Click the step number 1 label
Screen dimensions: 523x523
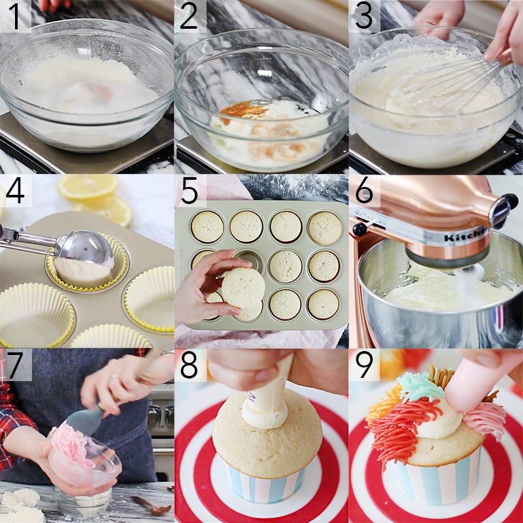pyautogui.click(x=14, y=16)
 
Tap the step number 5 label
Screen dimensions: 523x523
pyautogui.click(x=190, y=190)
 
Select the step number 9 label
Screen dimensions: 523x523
pyautogui.click(x=364, y=365)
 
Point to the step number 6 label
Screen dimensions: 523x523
pyautogui.click(x=364, y=190)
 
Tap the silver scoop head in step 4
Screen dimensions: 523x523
pyautogui.click(x=85, y=248)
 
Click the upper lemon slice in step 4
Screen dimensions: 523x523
pyautogui.click(x=88, y=187)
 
